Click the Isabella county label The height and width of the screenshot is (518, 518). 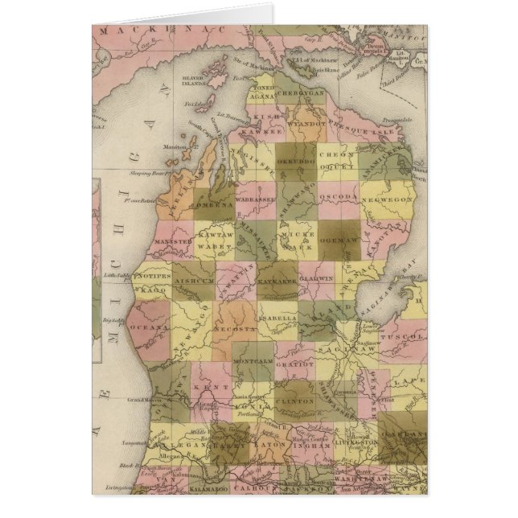click(279, 318)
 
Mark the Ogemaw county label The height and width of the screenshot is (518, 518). click(343, 240)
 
